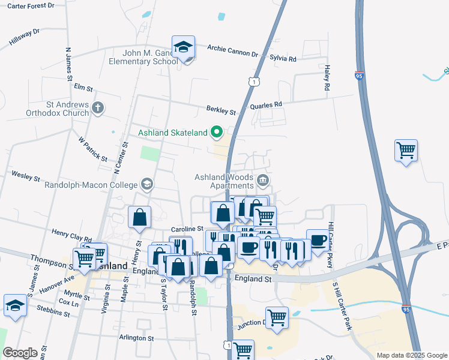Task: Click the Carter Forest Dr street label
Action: (x=28, y=5)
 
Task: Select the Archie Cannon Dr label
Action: (x=232, y=51)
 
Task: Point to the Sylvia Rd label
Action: (x=283, y=59)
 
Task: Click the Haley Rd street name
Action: (x=327, y=79)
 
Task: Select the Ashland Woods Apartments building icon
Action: (x=262, y=181)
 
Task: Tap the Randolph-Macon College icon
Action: (x=146, y=185)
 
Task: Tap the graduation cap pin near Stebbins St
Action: (x=14, y=305)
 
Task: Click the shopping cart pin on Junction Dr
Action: (x=277, y=317)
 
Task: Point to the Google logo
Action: (x=20, y=353)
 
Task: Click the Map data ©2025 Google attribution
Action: (x=411, y=355)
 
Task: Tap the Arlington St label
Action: (x=136, y=338)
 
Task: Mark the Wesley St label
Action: (x=25, y=178)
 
